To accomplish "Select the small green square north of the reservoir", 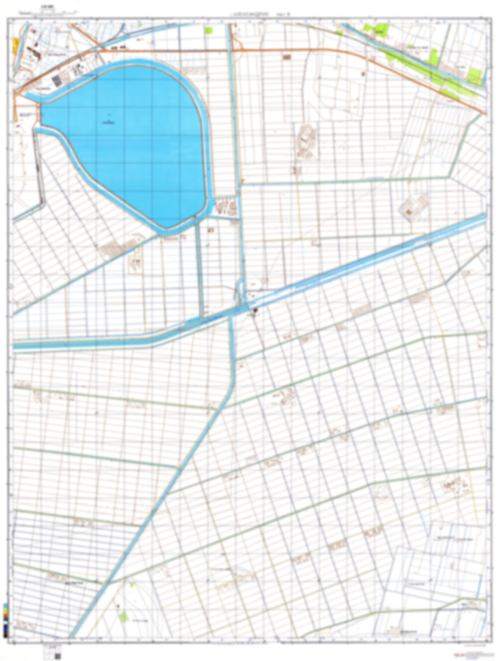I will click(x=209, y=30).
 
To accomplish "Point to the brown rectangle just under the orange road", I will click(x=287, y=57).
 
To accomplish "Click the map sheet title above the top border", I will click(x=250, y=14).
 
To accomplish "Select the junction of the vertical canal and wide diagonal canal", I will click(x=242, y=308).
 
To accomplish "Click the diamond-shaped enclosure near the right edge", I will click(x=413, y=209).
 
